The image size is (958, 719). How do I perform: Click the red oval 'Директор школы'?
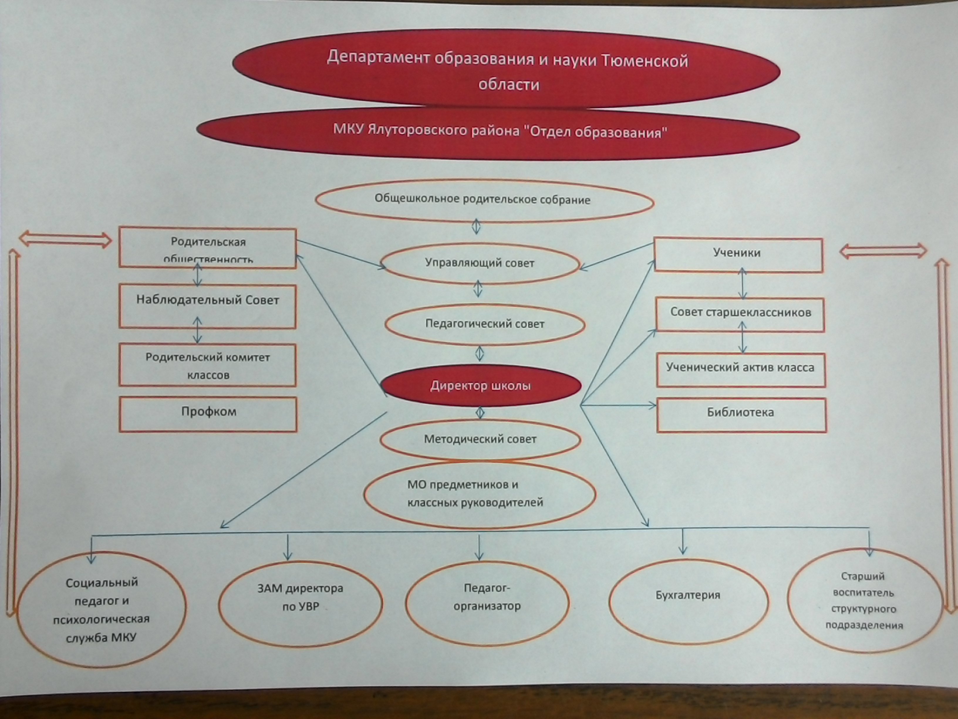[480, 386]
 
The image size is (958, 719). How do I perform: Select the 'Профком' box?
[208, 414]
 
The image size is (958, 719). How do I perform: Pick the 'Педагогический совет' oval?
[485, 324]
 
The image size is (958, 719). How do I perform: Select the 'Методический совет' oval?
[480, 439]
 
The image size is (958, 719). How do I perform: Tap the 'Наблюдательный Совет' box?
[208, 305]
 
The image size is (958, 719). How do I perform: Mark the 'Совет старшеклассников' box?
[740, 314]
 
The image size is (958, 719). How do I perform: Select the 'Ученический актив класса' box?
[741, 369]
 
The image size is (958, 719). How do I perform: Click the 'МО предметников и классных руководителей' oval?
[479, 494]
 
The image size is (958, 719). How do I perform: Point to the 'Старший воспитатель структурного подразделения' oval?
[864, 600]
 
